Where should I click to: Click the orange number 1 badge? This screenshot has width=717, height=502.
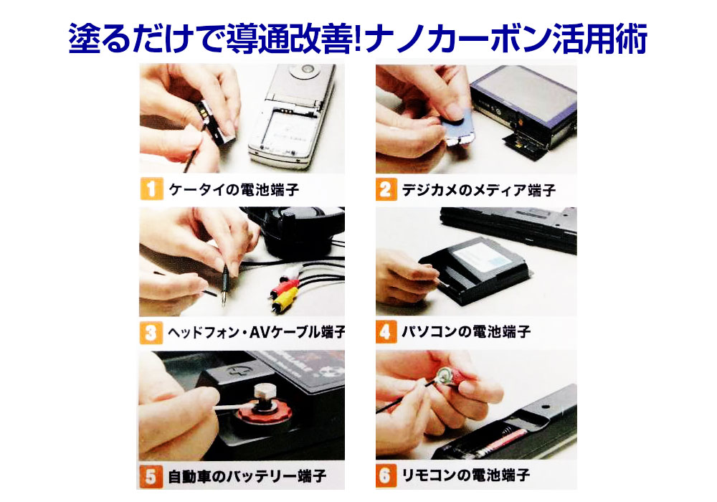click(151, 189)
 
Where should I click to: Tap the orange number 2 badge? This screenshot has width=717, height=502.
click(386, 189)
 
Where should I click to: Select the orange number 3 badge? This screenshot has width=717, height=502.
click(151, 332)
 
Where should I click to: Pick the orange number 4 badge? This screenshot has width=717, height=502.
click(386, 331)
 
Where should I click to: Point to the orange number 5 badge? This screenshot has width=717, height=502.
click(151, 477)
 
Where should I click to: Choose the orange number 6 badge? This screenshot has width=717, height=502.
click(386, 475)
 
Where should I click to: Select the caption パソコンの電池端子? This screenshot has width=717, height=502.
click(466, 331)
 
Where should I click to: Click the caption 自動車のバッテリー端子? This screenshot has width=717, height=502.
click(247, 477)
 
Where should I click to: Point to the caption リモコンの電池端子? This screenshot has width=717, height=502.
click(465, 475)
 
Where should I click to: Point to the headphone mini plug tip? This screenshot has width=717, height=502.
click(224, 303)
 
